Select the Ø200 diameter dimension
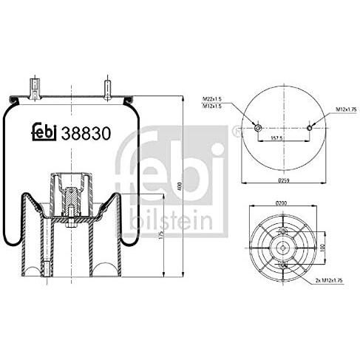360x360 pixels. [x=282, y=202]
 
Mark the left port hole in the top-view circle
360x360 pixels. [x=257, y=129]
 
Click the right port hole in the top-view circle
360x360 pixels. [x=309, y=129]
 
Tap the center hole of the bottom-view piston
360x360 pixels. [x=282, y=245]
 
